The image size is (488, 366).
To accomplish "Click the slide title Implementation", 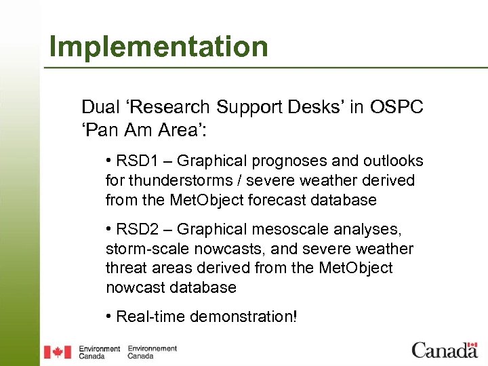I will click(x=159, y=47).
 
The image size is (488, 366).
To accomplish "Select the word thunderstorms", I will click(x=174, y=181).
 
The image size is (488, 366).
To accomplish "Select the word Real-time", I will click(x=148, y=317).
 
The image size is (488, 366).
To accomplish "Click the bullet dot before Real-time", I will click(x=109, y=317).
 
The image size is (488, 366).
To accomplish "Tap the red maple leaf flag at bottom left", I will click(x=58, y=352).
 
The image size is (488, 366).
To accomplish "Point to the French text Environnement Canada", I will click(x=152, y=352).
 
